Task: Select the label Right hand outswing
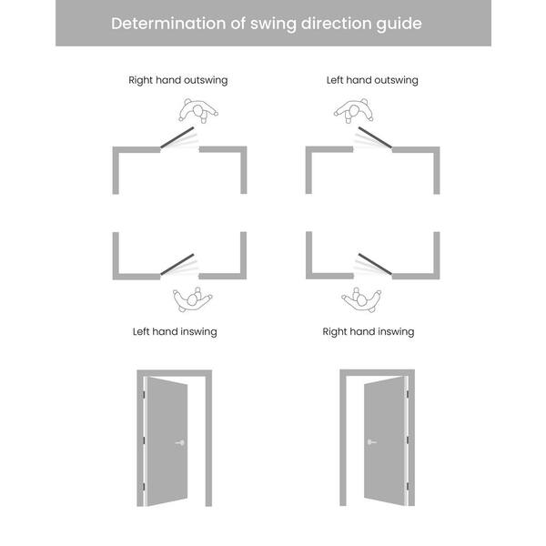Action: [178, 80]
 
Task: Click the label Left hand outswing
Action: [372, 80]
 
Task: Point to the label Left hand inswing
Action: [175, 332]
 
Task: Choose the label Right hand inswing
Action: [369, 332]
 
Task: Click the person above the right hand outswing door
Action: [198, 111]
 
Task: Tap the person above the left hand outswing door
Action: [354, 111]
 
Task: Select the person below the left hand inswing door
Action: [193, 299]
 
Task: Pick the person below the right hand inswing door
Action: [361, 299]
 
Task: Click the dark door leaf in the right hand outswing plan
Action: [177, 137]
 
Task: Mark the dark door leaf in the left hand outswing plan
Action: [375, 137]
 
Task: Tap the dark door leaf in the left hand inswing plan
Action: [177, 264]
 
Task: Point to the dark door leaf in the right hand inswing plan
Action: [375, 264]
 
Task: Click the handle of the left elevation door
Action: [180, 442]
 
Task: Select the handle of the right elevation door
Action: [372, 442]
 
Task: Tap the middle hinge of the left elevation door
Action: [144, 440]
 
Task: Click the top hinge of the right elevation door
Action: [408, 395]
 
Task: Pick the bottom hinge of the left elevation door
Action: [144, 486]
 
